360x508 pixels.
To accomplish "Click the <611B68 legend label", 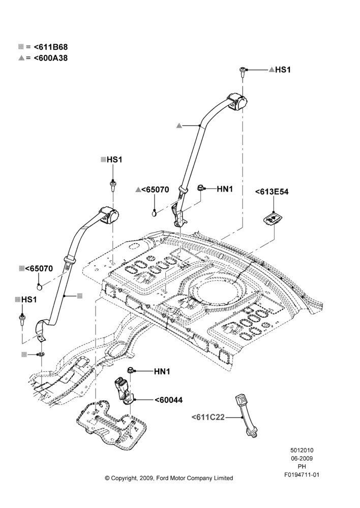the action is click(51, 47).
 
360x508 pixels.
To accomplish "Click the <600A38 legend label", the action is click(51, 58).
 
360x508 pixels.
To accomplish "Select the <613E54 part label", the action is click(272, 192).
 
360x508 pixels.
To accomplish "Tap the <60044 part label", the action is click(168, 400).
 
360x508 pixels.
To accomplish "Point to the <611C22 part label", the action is click(208, 417).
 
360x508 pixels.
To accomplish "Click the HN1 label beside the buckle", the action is click(162, 372).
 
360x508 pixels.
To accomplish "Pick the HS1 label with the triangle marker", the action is click(283, 70).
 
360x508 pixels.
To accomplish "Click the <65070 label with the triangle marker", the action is click(155, 189).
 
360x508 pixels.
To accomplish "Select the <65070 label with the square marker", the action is click(39, 268).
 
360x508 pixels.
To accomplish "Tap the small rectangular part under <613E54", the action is click(272, 219).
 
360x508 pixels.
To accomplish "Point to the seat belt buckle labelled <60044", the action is click(124, 391).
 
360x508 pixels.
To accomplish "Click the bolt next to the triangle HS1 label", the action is click(242, 72).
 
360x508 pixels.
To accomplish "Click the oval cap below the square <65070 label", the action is click(40, 288).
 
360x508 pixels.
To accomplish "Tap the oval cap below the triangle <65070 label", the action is click(155, 213).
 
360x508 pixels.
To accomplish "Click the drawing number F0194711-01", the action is click(302, 475).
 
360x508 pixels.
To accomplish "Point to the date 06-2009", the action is click(302, 458).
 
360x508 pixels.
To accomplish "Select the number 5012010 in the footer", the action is click(302, 450).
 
